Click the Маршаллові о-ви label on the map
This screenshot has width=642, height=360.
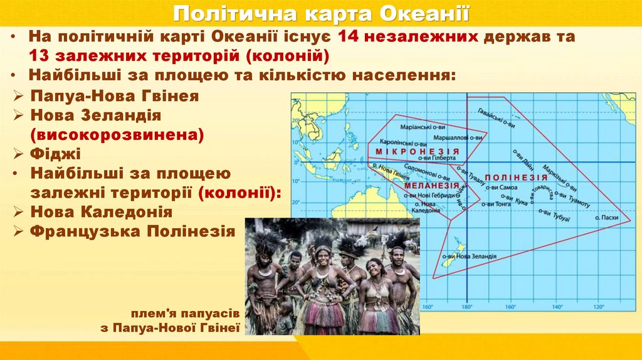click(456, 136)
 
